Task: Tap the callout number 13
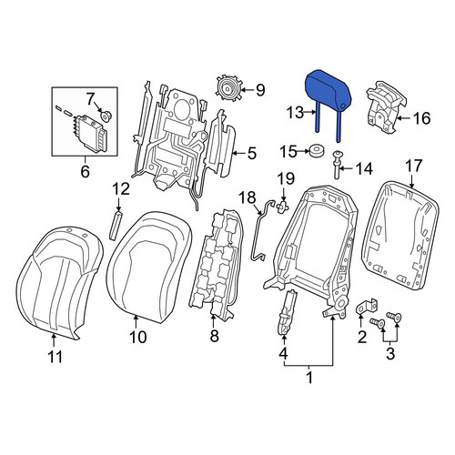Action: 295,113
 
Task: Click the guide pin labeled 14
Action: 337,165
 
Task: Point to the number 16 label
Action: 421,118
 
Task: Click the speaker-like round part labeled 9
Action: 228,88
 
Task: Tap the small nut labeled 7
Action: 106,116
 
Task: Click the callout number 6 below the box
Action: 85,172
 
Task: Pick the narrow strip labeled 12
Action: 116,226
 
